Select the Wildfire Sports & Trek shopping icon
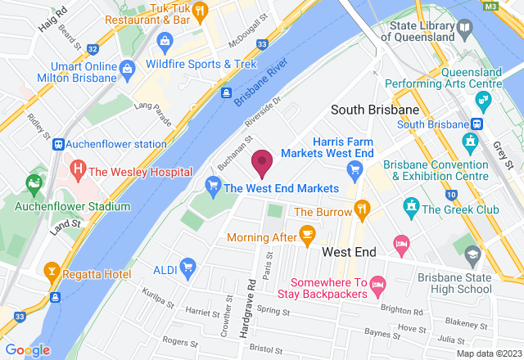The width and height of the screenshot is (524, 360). (165, 40)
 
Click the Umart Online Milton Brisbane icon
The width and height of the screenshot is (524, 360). (127, 66)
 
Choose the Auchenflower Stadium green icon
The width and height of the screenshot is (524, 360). (34, 182)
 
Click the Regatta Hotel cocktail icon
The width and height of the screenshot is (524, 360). (51, 270)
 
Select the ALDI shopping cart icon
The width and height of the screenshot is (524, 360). (187, 266)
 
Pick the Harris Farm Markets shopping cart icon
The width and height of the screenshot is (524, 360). (355, 169)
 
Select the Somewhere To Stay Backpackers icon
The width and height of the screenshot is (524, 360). (378, 286)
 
